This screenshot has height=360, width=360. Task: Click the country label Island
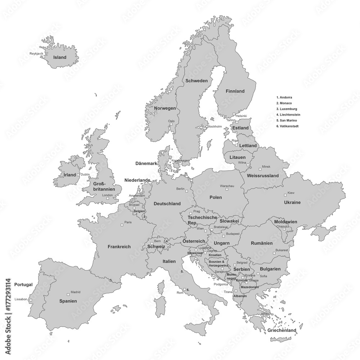59,57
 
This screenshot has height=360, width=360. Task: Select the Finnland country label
235,91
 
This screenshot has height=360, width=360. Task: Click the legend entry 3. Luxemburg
287,109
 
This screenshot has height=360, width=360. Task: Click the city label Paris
128,222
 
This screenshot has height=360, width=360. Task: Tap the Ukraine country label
292,202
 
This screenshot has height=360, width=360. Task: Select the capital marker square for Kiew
285,195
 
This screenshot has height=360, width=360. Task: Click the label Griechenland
282,330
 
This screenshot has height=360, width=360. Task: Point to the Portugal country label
23,284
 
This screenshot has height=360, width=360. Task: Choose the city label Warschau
227,186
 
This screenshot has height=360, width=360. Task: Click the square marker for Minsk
260,169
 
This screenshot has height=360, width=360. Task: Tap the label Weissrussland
263,176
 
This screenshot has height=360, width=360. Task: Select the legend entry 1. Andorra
284,97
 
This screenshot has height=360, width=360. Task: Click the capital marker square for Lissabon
31,300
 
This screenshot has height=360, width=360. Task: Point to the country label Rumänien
262,243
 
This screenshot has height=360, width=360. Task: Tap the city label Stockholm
214,126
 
